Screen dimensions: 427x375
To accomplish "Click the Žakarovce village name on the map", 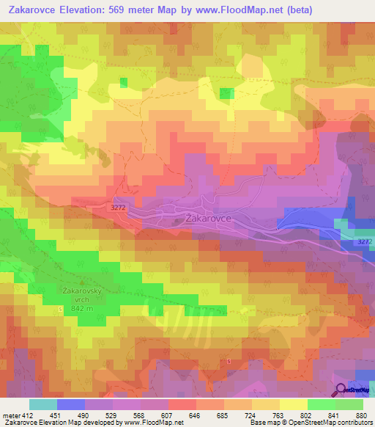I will (209, 218).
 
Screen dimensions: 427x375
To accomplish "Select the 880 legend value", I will (360, 415).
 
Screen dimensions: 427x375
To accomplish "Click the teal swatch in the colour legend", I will (42, 404).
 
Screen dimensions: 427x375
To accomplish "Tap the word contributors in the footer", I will (351, 423).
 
